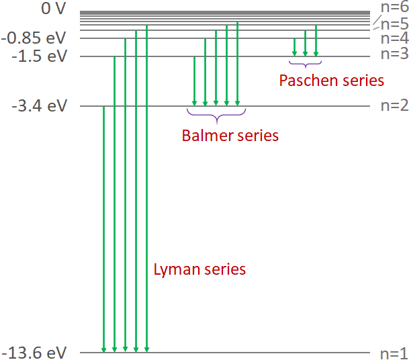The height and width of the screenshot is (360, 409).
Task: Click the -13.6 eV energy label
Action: click(35, 352)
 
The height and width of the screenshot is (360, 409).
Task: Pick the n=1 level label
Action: click(394, 353)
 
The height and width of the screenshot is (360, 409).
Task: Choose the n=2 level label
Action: click(394, 106)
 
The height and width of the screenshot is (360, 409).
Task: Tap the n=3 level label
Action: click(394, 54)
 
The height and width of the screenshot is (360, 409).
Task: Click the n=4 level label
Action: click(394, 38)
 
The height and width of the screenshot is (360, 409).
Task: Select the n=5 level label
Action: click(394, 25)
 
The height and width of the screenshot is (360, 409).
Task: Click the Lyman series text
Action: click(199, 270)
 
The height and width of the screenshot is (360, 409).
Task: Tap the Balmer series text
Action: click(230, 136)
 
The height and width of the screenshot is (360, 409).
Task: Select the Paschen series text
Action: click(331, 81)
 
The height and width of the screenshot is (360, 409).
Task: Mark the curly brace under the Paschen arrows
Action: click(305, 64)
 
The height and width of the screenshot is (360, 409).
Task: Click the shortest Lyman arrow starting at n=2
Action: click(103, 228)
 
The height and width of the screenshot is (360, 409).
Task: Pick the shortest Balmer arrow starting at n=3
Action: click(194, 81)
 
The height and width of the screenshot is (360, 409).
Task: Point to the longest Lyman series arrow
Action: click(146, 188)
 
